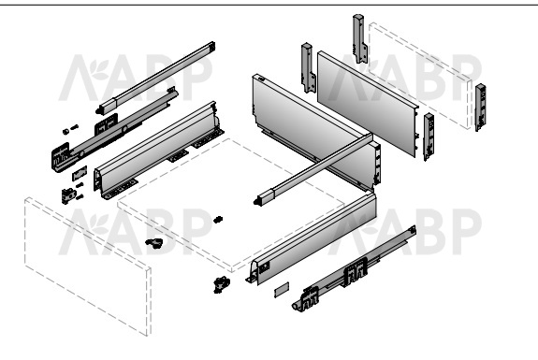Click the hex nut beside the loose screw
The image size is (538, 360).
pos(65,131)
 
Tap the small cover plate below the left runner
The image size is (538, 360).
pos(80,173)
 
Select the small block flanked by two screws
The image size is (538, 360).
pos(68,195)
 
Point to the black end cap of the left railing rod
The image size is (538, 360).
pos(99,110)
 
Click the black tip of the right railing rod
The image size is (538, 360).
pos(256,202)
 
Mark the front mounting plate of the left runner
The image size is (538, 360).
pos(61,157)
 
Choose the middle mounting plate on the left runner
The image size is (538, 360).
pos(106,124)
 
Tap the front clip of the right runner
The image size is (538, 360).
pos(310,298)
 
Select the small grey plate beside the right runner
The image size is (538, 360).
pos(282,289)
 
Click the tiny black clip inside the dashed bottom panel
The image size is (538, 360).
pos(218,220)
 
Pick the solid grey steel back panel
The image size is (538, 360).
pos(368,104)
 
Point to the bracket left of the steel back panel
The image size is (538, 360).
pos(309,68)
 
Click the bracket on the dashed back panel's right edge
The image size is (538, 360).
pos(480,107)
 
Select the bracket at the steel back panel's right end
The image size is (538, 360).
pos(429,137)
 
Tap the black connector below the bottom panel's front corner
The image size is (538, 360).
pos(222,284)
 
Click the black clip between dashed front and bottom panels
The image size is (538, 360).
pos(154,243)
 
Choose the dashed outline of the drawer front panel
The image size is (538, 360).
pos(88,266)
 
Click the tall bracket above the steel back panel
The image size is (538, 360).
pos(359,38)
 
